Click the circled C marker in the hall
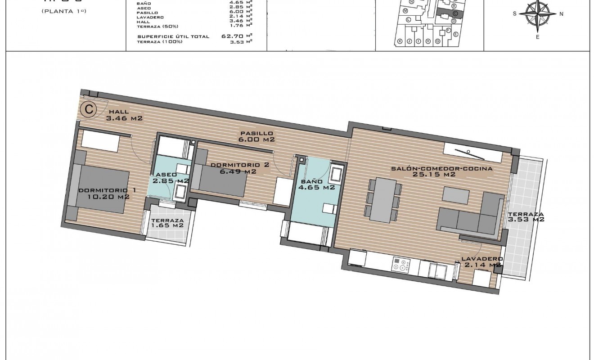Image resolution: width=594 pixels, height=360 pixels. pos(89,108)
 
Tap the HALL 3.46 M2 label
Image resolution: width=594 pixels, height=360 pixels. pos(124,116)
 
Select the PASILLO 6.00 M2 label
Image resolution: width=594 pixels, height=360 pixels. pos(256,136)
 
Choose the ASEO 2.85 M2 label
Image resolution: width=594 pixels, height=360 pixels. pos(170,178)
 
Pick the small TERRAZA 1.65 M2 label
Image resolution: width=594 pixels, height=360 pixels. pos(167,223)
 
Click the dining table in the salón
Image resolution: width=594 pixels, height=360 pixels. pos(384,199)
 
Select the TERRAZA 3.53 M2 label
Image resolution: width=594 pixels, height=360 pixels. pos(526,217)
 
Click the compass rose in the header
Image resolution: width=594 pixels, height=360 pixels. pos(537,14)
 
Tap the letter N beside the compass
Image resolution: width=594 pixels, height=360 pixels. pos(561,14)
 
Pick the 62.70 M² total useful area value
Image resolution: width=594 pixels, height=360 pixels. pos(237,36)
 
